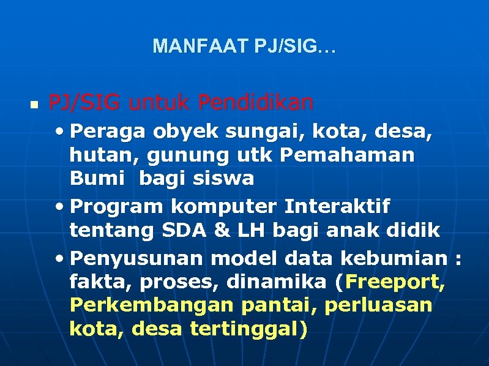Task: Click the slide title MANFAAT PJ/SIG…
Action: pos(244,47)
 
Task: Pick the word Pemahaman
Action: pos(347,155)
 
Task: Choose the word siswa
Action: pos(223,178)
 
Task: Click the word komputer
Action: pos(218,207)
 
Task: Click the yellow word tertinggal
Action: pos(243,329)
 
